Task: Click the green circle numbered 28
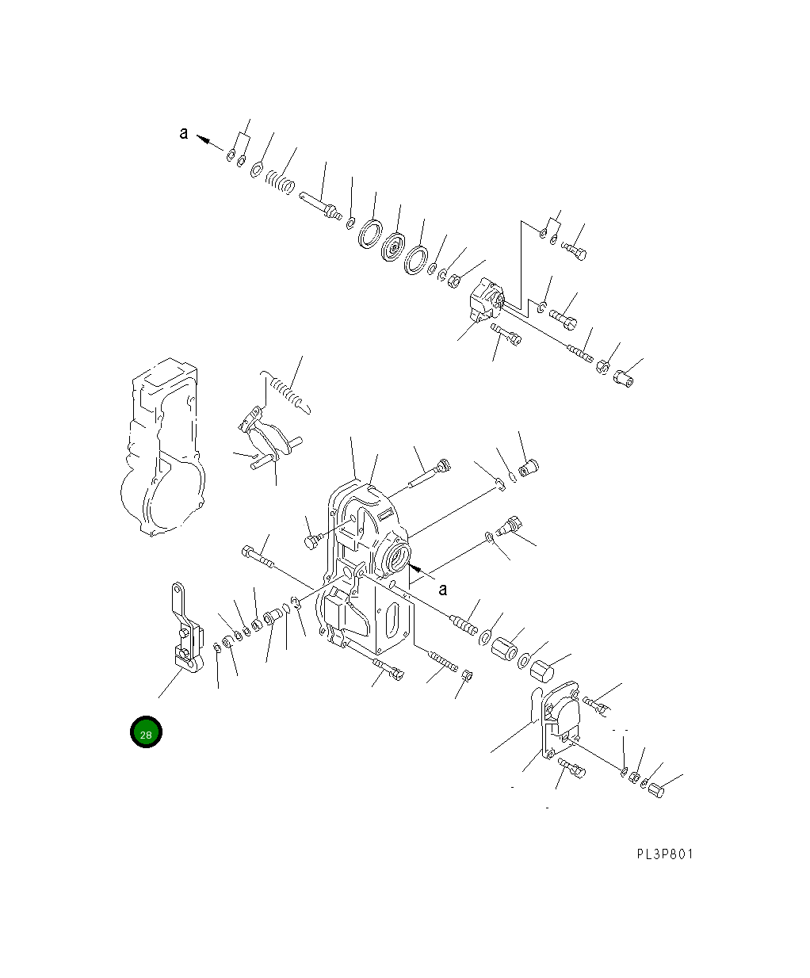point(146,732)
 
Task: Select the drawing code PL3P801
point(664,854)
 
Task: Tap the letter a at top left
point(184,133)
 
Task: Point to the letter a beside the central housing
point(443,589)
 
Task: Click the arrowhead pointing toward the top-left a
point(203,139)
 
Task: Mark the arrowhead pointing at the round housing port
point(415,568)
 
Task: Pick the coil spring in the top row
point(280,182)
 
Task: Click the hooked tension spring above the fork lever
point(285,392)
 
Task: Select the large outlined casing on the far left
point(162,447)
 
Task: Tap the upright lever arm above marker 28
point(186,628)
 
